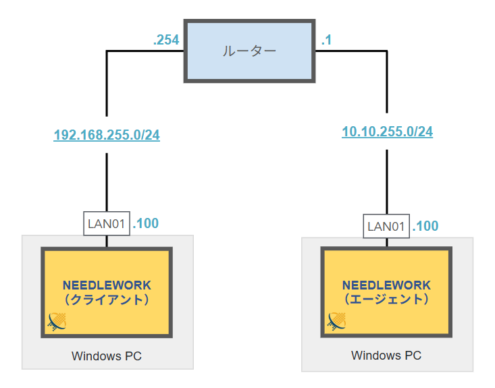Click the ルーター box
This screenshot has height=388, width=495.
(250, 51)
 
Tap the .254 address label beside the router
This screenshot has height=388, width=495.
(166, 40)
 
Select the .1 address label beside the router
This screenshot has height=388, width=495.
(326, 40)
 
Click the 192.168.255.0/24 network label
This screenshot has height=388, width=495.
(107, 135)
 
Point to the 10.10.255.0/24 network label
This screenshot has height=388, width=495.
(387, 132)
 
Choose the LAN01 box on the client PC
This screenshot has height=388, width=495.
(107, 223)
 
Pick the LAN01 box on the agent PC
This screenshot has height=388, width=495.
(387, 227)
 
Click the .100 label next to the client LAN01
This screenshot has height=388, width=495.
(146, 223)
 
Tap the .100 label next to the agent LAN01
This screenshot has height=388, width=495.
(425, 226)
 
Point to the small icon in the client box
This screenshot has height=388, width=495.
(57, 323)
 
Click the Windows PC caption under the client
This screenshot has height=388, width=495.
(107, 356)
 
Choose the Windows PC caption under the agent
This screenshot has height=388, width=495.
(386, 355)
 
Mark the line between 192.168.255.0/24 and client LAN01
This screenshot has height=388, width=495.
(107, 182)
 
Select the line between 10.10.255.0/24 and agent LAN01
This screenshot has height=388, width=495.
(387, 179)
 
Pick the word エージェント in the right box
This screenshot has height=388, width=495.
(386, 299)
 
